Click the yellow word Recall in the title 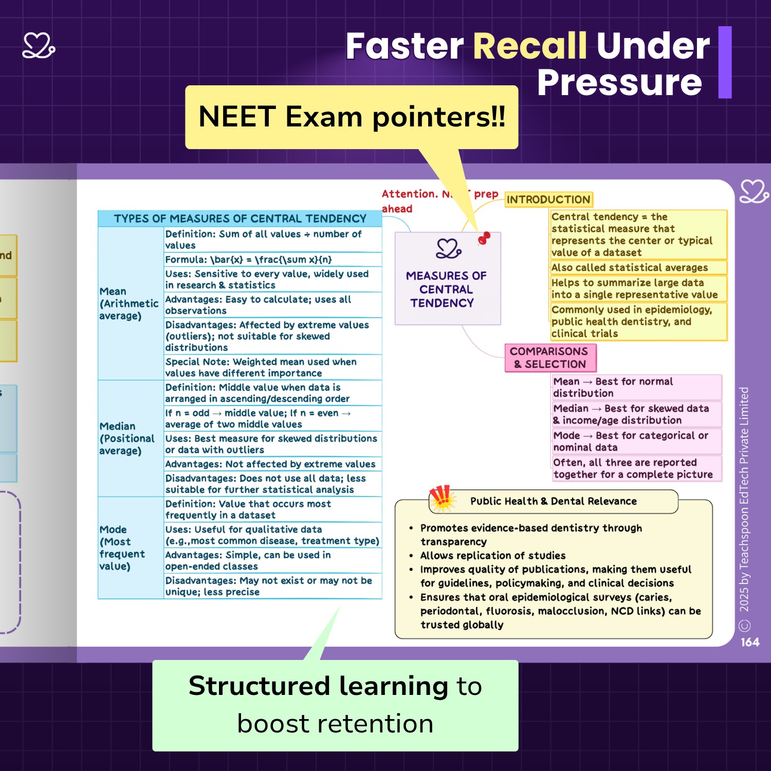coord(529,46)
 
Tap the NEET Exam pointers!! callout coord(352,117)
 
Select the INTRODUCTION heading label coord(548,199)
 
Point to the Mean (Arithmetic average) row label coord(128,303)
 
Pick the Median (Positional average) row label coord(127,438)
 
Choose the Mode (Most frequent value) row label coord(122,547)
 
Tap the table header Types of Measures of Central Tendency coord(240,218)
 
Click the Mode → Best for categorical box coord(636,442)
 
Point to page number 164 coord(750,642)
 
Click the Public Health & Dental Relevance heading coord(553,501)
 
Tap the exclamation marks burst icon coord(442,498)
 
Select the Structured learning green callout coord(335,705)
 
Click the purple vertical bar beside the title coord(725,62)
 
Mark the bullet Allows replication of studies coord(492,556)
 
